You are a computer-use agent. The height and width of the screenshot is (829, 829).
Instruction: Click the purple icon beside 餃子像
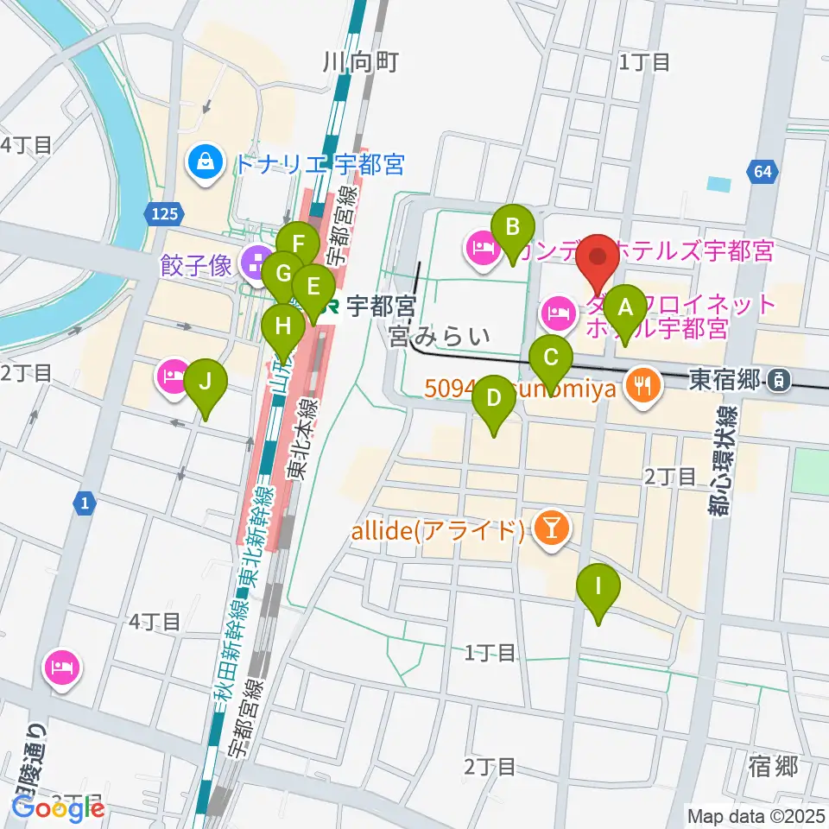tap(255, 264)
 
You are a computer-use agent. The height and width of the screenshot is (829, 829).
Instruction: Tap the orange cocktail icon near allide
tap(548, 529)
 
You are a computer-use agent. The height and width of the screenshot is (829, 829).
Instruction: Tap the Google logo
tap(59, 808)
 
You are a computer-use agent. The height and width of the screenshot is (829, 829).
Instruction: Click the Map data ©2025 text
tap(756, 815)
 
